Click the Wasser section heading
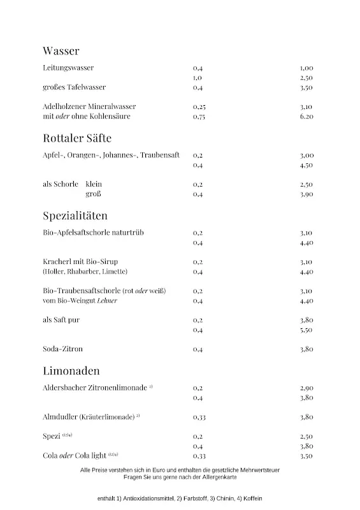click(61, 51)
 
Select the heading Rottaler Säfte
click(77, 138)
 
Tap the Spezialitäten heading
click(75, 215)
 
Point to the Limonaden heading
click(71, 370)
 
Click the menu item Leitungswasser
click(68, 68)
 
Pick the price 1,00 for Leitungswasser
click(306, 68)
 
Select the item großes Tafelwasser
click(74, 87)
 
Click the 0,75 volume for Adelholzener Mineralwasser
click(199, 117)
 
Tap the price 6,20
click(306, 117)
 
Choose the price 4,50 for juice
click(306, 166)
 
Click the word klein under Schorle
click(94, 184)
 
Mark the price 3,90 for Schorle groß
click(306, 194)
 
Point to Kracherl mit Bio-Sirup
click(80, 262)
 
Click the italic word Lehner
click(107, 301)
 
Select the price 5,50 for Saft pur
click(306, 330)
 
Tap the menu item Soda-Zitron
click(63, 349)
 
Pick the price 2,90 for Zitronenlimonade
click(306, 388)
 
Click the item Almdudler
click(61, 417)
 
